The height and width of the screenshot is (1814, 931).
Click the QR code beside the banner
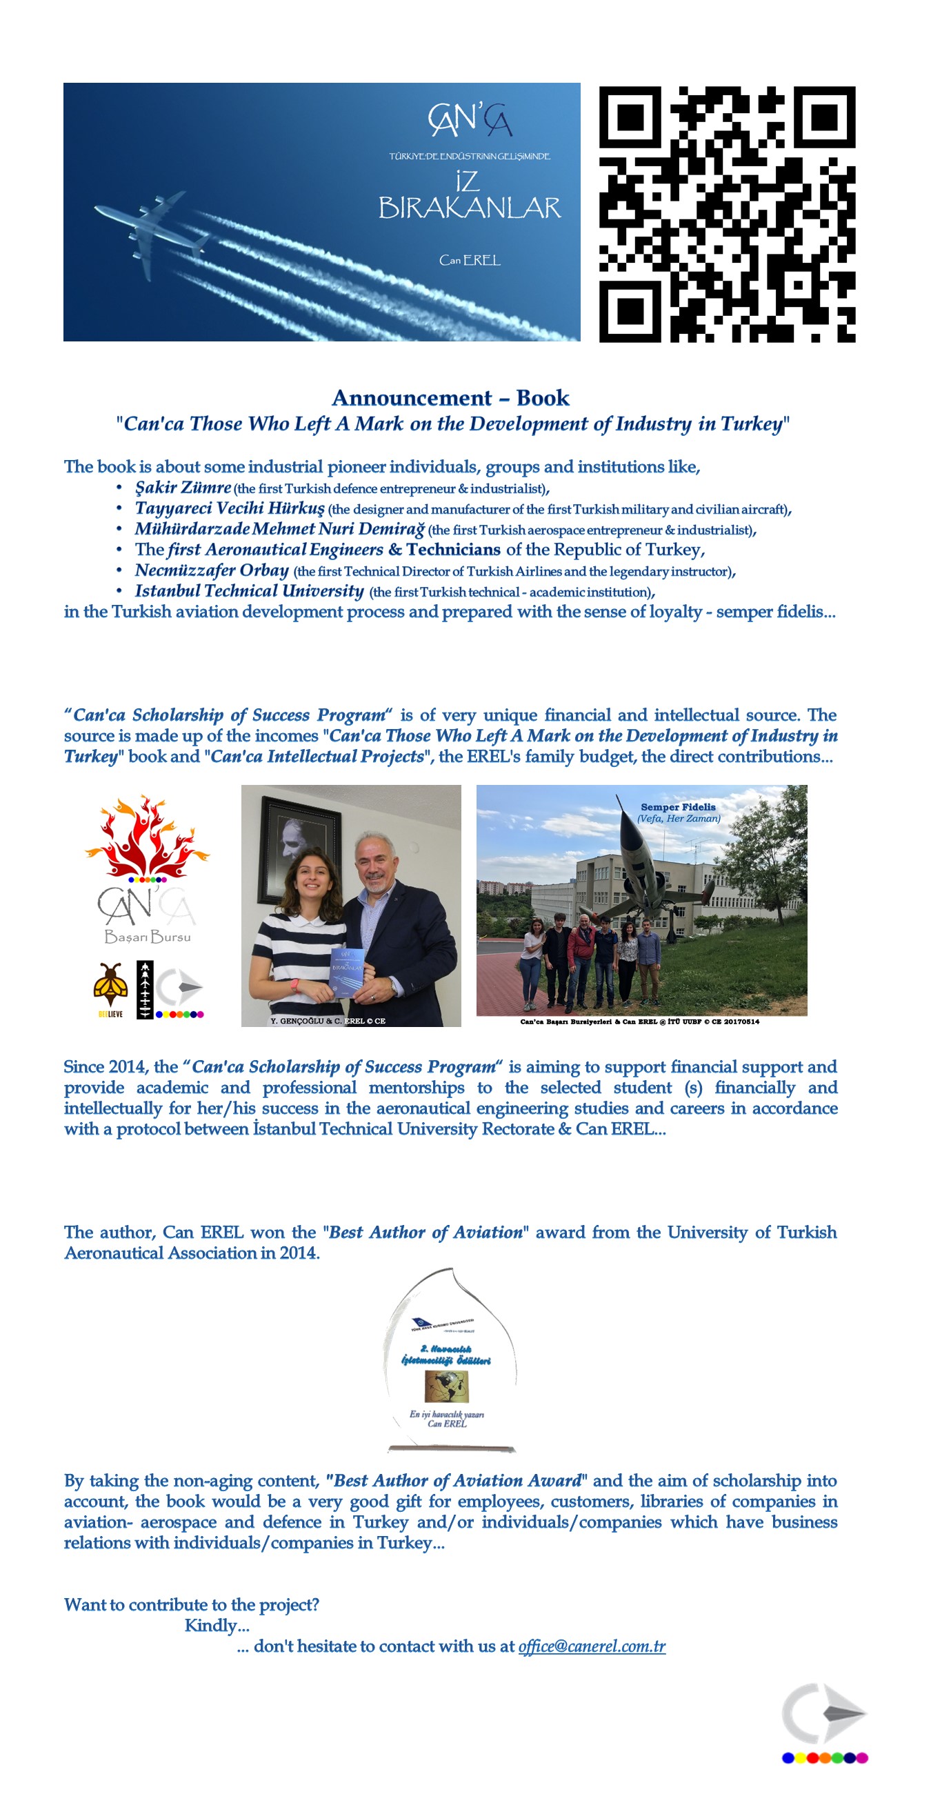click(727, 214)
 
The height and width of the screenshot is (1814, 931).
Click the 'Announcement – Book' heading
click(450, 398)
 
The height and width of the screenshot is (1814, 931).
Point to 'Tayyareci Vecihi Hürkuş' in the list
click(230, 508)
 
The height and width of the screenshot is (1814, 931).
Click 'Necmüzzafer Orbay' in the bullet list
click(211, 570)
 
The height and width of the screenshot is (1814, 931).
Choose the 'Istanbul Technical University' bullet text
click(249, 591)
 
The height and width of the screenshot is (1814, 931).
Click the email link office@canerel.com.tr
click(592, 1646)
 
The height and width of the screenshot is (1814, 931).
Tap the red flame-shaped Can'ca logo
click(146, 837)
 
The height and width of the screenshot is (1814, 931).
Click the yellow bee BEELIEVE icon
click(110, 986)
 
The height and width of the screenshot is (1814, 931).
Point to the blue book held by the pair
click(347, 971)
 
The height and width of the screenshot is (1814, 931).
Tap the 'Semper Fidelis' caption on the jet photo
click(677, 807)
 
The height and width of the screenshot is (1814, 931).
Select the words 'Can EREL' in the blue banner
click(470, 261)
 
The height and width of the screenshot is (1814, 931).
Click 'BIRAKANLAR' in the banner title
click(470, 208)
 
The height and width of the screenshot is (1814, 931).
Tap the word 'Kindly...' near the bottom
click(217, 1625)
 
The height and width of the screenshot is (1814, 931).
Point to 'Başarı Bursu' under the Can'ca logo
click(147, 937)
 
